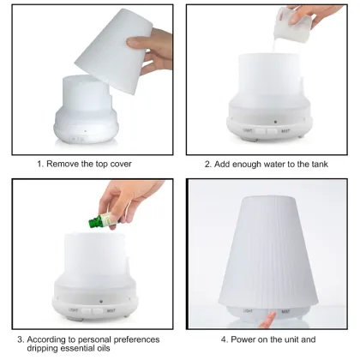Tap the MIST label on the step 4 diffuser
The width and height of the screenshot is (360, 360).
point(285,310)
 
